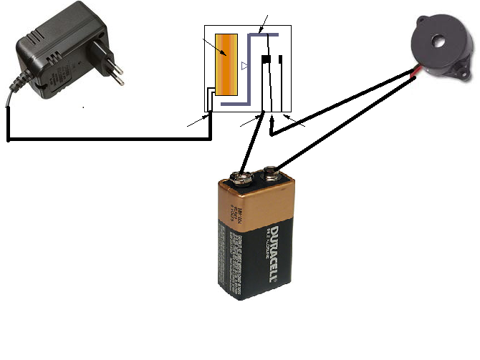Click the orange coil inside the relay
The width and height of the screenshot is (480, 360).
point(229,64)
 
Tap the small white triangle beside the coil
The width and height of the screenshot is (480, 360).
point(244,67)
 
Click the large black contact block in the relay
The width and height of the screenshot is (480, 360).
point(265,59)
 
